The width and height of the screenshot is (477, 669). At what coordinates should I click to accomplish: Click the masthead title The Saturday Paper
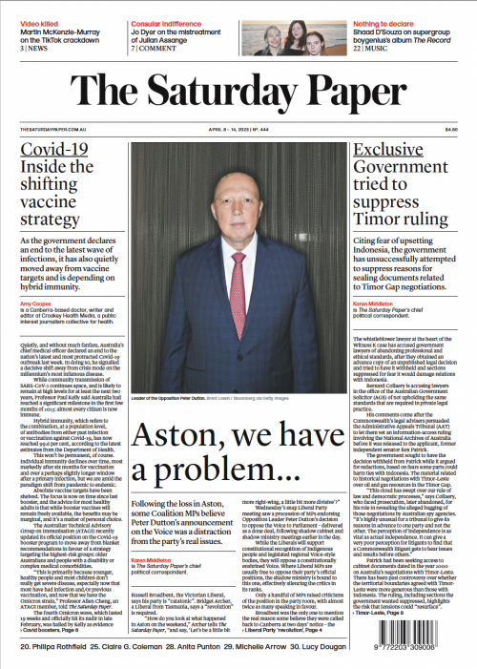point(238,92)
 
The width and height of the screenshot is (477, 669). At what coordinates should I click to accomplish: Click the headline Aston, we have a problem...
point(238,411)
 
